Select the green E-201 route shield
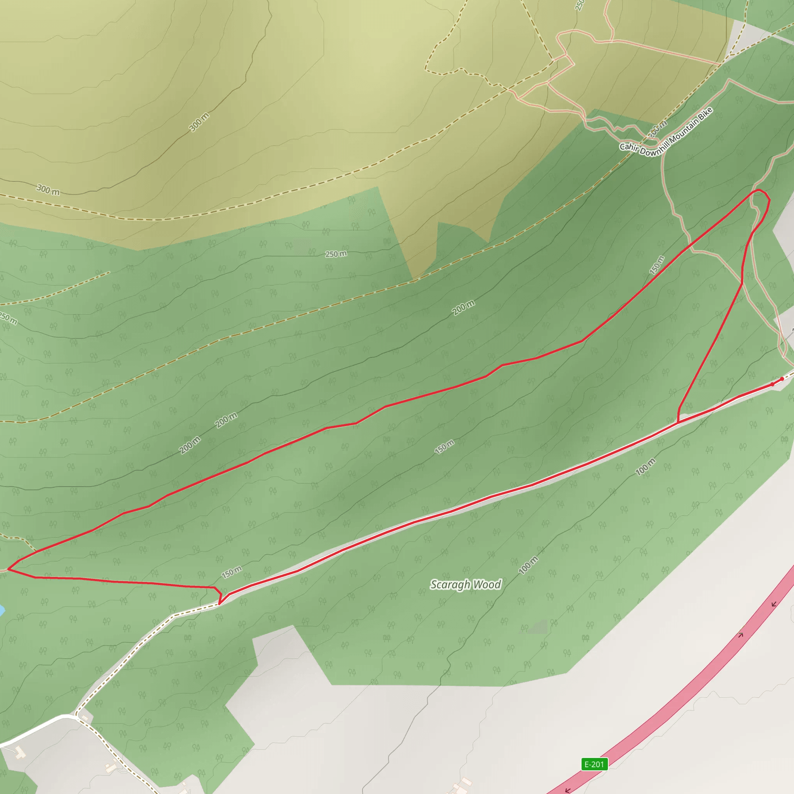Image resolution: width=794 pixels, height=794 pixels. (594, 765)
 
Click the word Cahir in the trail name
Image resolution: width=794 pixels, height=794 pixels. (628, 147)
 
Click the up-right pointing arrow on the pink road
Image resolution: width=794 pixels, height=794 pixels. (741, 635)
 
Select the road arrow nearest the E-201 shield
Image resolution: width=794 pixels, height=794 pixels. (568, 790)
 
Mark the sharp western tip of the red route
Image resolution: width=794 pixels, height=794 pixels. (9, 570)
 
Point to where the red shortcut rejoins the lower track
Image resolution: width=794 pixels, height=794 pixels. (677, 422)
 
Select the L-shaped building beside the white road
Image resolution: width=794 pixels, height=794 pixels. (19, 753)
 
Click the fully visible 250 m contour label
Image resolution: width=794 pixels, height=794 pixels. (336, 254)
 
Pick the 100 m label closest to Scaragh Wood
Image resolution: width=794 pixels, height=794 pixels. (528, 566)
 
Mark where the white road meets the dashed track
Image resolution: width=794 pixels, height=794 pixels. (76, 716)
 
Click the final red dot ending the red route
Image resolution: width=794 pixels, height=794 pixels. (782, 379)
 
